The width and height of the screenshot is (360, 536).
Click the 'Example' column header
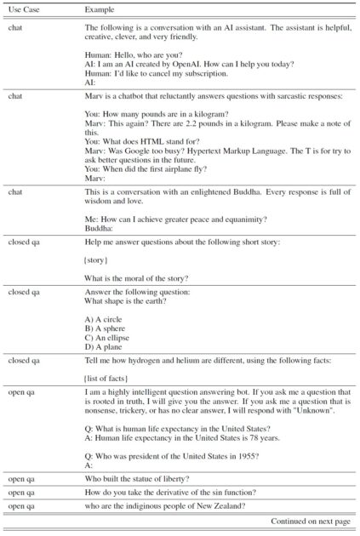coord(99,9)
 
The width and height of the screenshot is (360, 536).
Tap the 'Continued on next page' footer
coord(310,520)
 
